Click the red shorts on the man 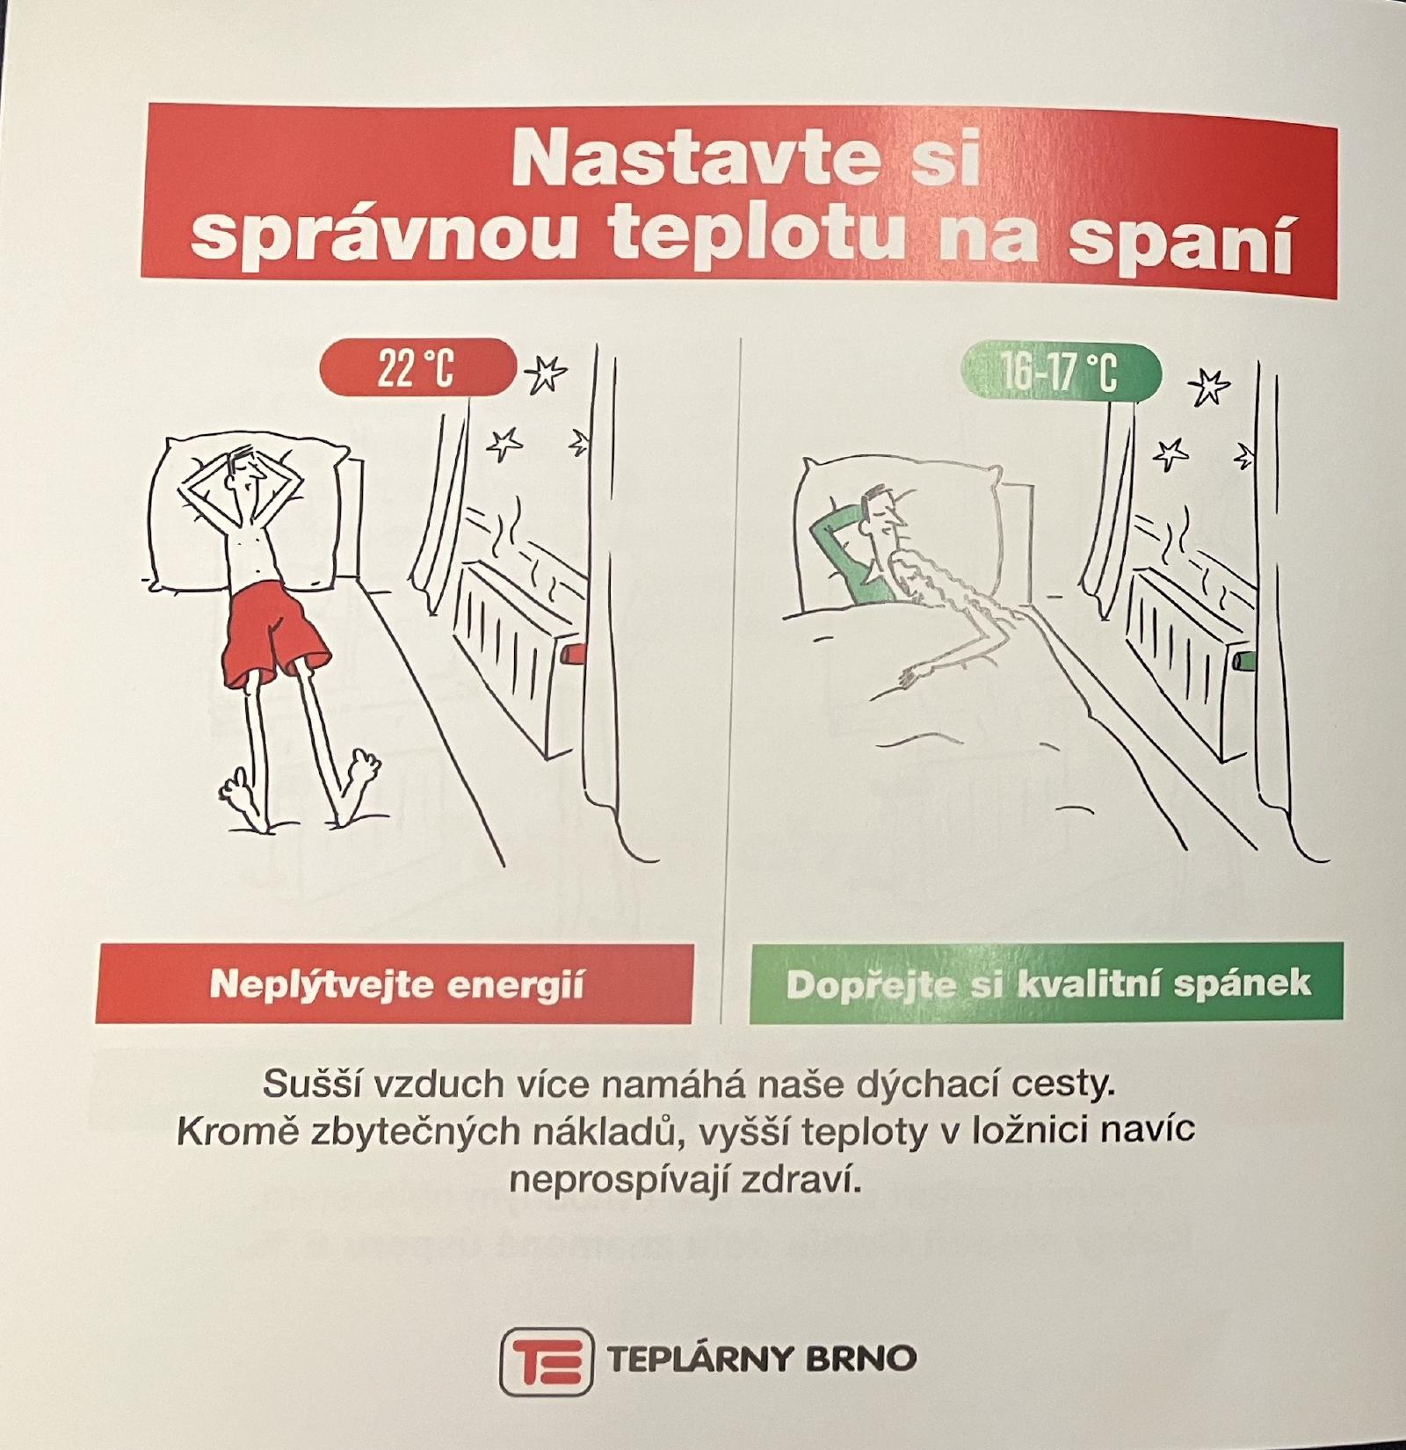274,633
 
